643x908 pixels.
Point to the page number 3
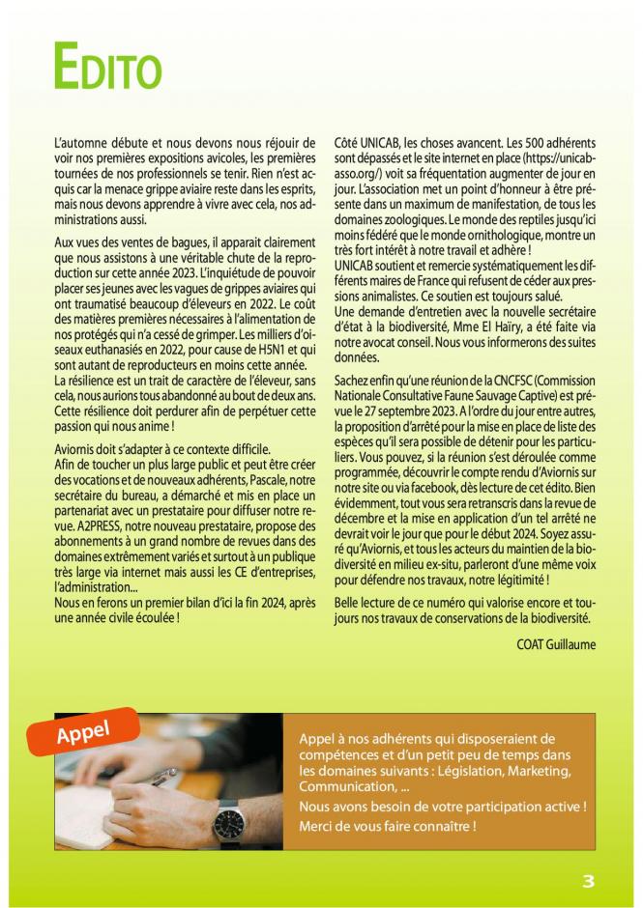point(589,881)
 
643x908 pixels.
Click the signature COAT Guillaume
point(556,644)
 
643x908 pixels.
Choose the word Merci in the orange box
point(316,825)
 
